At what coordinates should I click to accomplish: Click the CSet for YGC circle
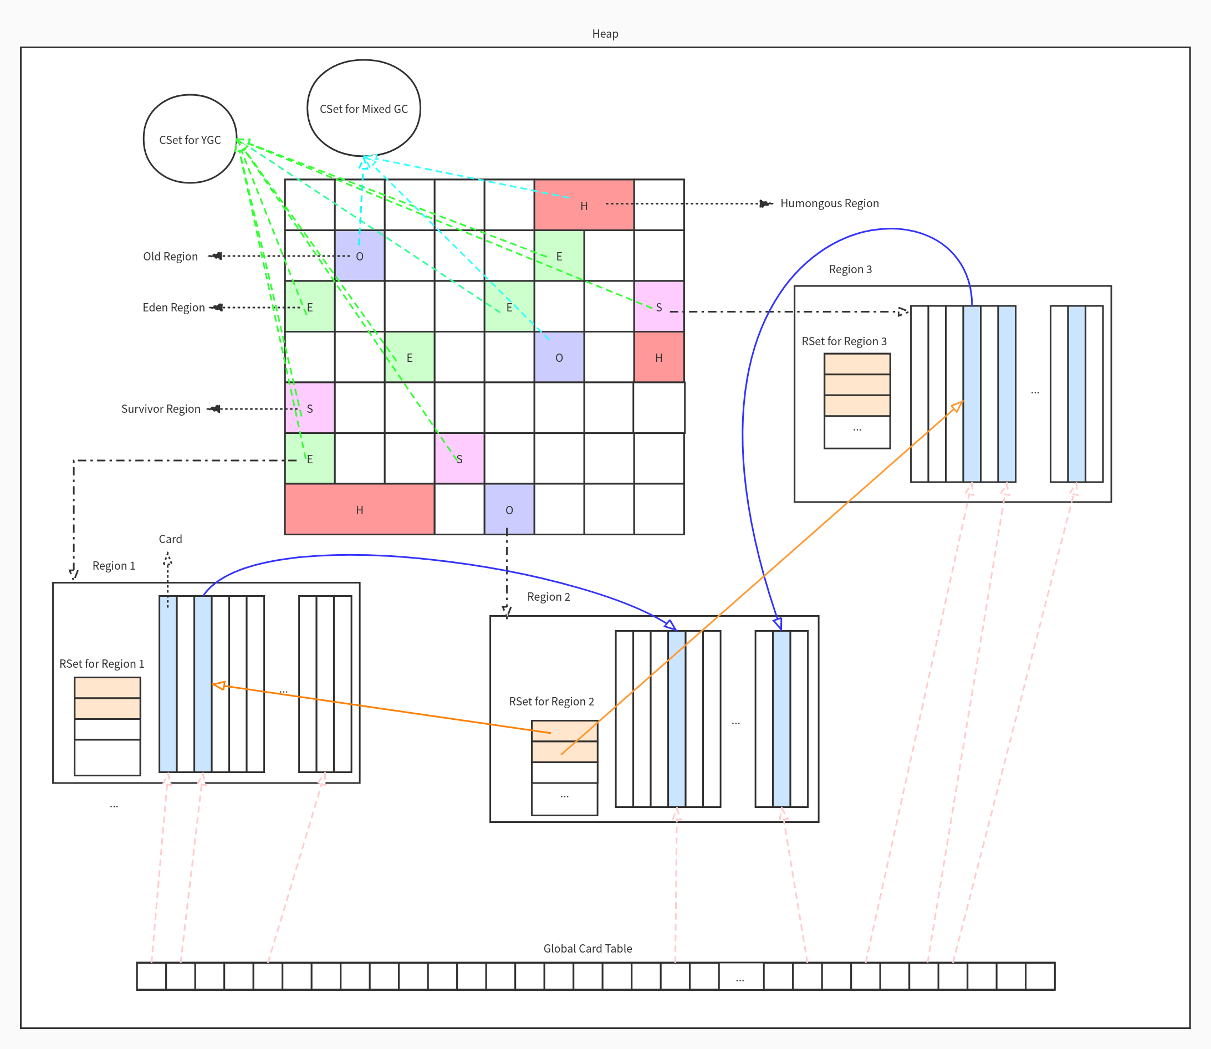190,139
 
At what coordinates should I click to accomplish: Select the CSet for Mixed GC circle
364,108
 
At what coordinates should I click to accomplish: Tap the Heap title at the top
605,33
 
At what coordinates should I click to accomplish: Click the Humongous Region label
829,203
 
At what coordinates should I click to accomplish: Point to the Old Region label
170,257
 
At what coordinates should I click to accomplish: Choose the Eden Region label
173,308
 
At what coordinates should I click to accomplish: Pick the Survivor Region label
161,408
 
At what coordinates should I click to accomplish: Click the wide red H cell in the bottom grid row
359,509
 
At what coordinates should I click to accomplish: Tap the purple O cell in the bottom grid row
509,509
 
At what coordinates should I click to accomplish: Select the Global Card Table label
587,948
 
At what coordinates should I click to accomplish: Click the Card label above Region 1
170,539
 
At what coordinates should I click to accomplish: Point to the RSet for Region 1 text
101,663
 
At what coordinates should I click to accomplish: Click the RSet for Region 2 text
551,702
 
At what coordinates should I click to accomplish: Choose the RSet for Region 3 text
844,341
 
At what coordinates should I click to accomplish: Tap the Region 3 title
850,269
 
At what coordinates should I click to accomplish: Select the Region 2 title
548,596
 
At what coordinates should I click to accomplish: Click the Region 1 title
114,565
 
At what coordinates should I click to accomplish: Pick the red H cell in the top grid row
584,205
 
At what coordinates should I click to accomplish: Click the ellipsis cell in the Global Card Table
740,976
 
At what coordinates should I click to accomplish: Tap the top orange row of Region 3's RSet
857,364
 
